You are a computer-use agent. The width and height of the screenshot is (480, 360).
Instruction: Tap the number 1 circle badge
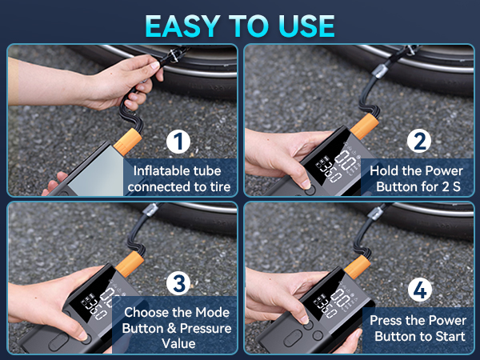coord(179,143)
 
